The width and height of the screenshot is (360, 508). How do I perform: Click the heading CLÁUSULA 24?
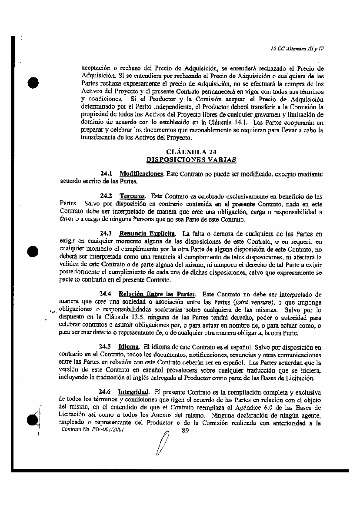[x=191, y=152]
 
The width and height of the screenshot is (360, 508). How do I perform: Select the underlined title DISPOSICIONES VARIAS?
[x=191, y=159]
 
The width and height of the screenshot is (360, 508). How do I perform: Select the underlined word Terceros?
[x=132, y=196]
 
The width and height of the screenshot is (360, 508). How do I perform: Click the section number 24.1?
[x=107, y=174]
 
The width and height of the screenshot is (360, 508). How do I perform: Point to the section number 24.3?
[x=107, y=233]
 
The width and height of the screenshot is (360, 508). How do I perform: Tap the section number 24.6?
[x=106, y=392]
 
